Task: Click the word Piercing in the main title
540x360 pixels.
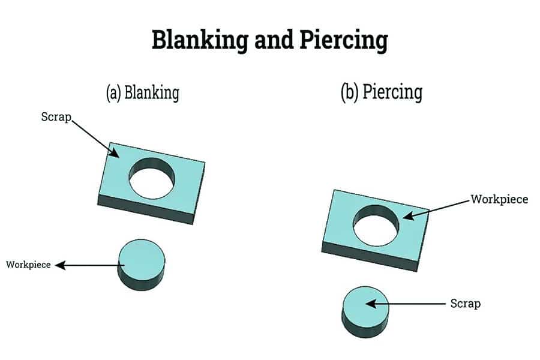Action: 344,40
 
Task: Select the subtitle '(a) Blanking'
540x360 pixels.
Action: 143,92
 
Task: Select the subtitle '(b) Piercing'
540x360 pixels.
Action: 382,92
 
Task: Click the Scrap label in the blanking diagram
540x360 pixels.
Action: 56,117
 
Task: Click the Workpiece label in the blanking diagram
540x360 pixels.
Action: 28,265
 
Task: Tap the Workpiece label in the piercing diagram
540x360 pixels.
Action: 499,199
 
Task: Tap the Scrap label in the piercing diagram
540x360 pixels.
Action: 465,304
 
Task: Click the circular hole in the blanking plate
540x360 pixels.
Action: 152,178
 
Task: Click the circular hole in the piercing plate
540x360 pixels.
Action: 376,226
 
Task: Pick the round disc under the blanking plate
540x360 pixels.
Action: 141,265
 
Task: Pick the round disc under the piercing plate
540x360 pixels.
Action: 365,312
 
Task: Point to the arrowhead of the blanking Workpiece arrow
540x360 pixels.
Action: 60,265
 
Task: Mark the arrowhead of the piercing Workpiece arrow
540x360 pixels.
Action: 408,216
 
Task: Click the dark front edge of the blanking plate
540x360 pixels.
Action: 145,209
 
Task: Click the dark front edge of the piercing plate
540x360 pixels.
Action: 370,256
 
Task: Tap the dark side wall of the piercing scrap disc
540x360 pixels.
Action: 365,329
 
